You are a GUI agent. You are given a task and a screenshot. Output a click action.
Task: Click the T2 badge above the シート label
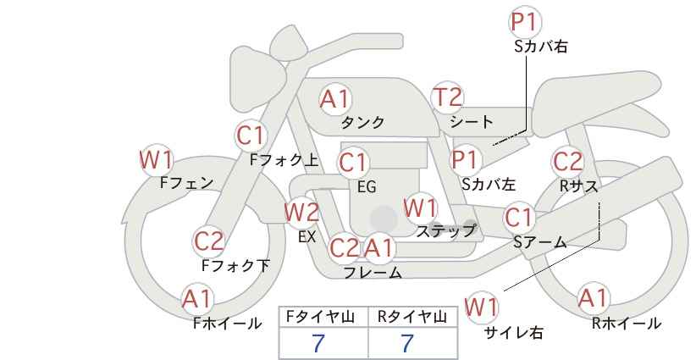pyautogui.click(x=448, y=97)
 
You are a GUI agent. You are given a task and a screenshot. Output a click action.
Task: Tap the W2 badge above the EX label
pyautogui.click(x=301, y=212)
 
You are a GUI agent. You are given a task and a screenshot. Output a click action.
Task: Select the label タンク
pyautogui.click(x=362, y=122)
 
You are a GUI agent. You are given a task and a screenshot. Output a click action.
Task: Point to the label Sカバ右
pyautogui.click(x=541, y=47)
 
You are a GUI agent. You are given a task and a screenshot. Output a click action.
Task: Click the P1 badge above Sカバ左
pyautogui.click(x=465, y=160)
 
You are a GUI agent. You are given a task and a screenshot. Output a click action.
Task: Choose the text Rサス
pyautogui.click(x=579, y=186)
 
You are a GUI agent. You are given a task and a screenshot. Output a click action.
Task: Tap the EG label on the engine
pyautogui.click(x=367, y=187)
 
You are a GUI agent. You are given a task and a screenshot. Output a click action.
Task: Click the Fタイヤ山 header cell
pyautogui.click(x=324, y=317)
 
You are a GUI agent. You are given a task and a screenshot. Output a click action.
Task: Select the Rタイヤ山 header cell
pyautogui.click(x=413, y=317)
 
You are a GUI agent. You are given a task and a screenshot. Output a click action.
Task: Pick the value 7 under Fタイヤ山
pyautogui.click(x=318, y=343)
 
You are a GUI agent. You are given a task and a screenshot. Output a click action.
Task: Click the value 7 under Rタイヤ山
pyautogui.click(x=407, y=343)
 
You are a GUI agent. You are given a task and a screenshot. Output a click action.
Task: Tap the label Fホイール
pyautogui.click(x=227, y=324)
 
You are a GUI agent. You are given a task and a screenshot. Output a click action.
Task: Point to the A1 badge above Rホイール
pyautogui.click(x=593, y=298)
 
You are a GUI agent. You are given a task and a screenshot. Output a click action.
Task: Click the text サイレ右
pyautogui.click(x=514, y=333)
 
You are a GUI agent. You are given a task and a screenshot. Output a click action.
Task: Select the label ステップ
pyautogui.click(x=445, y=231)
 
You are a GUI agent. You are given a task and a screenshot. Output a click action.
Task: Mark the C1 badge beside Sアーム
pyautogui.click(x=519, y=218)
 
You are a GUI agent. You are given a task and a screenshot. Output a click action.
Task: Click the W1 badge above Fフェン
pyautogui.click(x=157, y=160)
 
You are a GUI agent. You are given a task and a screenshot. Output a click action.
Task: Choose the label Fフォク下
pyautogui.click(x=235, y=265)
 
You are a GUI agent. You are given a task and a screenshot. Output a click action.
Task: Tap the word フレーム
pyautogui.click(x=373, y=273)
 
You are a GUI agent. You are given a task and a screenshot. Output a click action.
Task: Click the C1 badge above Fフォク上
pyautogui.click(x=251, y=136)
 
